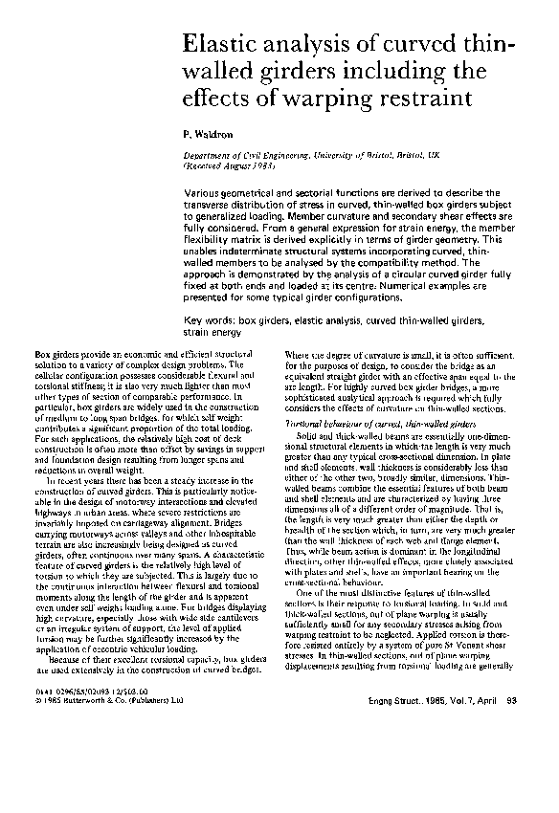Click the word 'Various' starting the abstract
204,192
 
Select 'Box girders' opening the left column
56,356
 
